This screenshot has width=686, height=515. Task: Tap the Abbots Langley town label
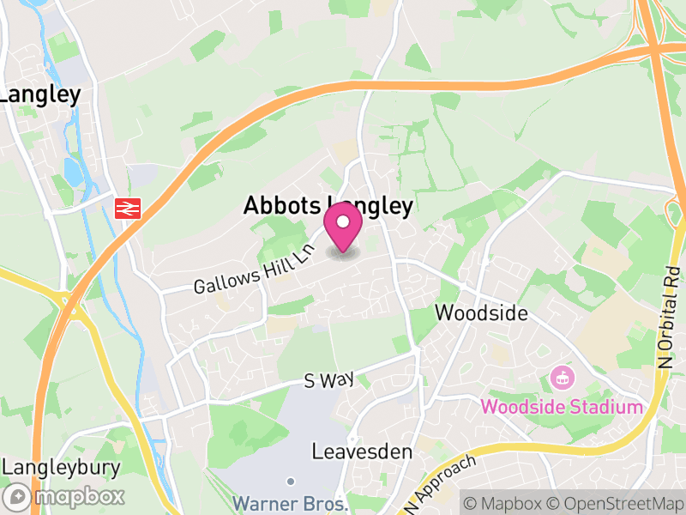328,206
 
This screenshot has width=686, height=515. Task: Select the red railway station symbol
128,207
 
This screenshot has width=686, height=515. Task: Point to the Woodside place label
481,312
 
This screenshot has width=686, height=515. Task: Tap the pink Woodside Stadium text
561,406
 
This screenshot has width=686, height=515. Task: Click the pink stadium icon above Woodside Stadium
562,376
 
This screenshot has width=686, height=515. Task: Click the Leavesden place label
362,451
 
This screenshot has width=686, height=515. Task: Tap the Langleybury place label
61,468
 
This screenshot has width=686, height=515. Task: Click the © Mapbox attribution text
506,501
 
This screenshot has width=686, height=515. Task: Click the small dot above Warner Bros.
291,481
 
